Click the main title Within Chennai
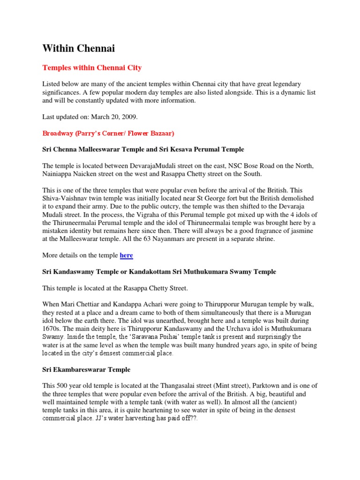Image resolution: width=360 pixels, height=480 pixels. coord(78,48)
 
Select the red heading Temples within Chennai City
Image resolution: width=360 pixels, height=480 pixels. coord(92,68)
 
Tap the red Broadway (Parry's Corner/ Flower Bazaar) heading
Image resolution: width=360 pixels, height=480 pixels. coord(108,134)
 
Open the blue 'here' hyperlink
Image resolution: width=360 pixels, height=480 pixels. coord(127,255)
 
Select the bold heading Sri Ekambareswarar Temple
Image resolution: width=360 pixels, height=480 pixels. coord(86,369)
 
